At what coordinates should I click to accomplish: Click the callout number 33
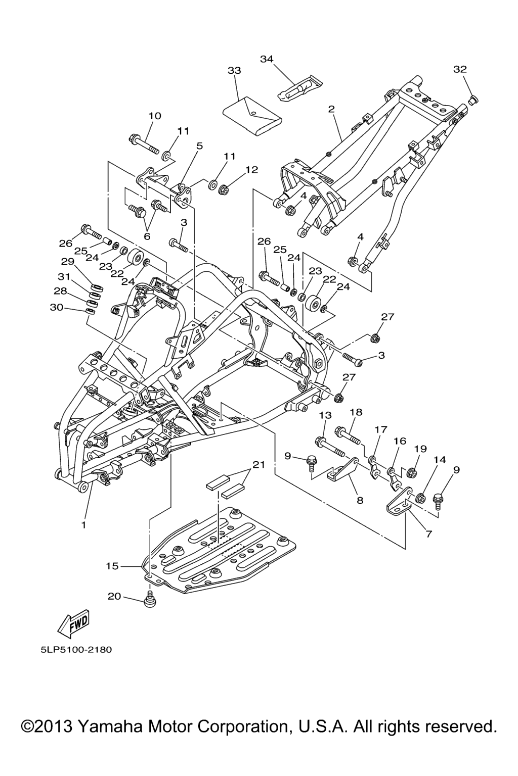(234, 71)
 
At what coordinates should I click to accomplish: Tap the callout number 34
(267, 59)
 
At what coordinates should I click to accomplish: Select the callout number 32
(460, 69)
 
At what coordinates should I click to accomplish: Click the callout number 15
(112, 566)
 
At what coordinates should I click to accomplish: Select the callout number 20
(114, 597)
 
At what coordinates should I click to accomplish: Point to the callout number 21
(259, 465)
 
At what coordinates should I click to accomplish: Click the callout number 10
(155, 116)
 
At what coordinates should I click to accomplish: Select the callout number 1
(84, 525)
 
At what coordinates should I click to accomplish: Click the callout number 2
(331, 109)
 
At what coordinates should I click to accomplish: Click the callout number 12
(252, 169)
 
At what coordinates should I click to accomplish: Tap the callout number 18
(356, 412)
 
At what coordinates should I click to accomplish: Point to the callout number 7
(428, 534)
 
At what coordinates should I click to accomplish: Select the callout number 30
(57, 307)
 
